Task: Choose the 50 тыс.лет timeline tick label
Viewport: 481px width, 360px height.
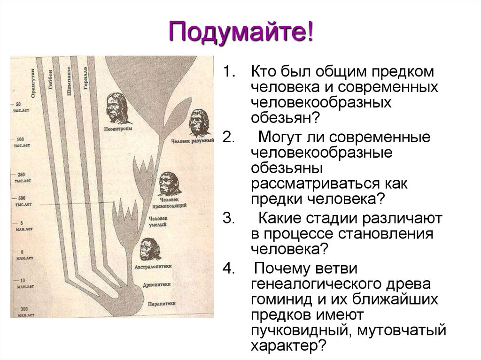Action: [x=19, y=107]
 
